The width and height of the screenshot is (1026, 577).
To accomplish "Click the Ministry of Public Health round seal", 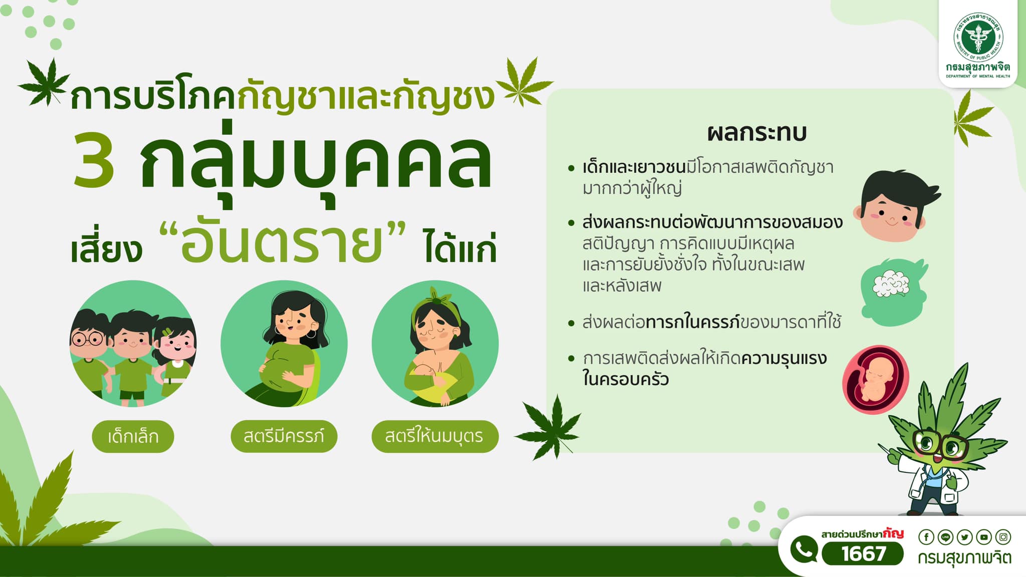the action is coord(978,37).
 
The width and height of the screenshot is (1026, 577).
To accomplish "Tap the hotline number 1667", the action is coord(863,553).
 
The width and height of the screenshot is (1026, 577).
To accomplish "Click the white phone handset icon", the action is coord(804,549).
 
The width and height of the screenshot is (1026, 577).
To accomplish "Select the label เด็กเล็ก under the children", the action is coord(133,436).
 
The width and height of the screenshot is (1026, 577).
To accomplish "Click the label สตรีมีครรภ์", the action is coord(284,436).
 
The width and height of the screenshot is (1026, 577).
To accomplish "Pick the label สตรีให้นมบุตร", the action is coord(435,436).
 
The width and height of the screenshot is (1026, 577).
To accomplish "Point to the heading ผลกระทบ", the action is coord(757,133).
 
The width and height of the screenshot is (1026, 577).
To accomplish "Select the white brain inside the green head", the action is coord(891,284).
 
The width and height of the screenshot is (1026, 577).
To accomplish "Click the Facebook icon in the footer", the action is coord(926,537).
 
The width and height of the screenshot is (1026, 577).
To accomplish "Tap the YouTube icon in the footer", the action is coord(984,537).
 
